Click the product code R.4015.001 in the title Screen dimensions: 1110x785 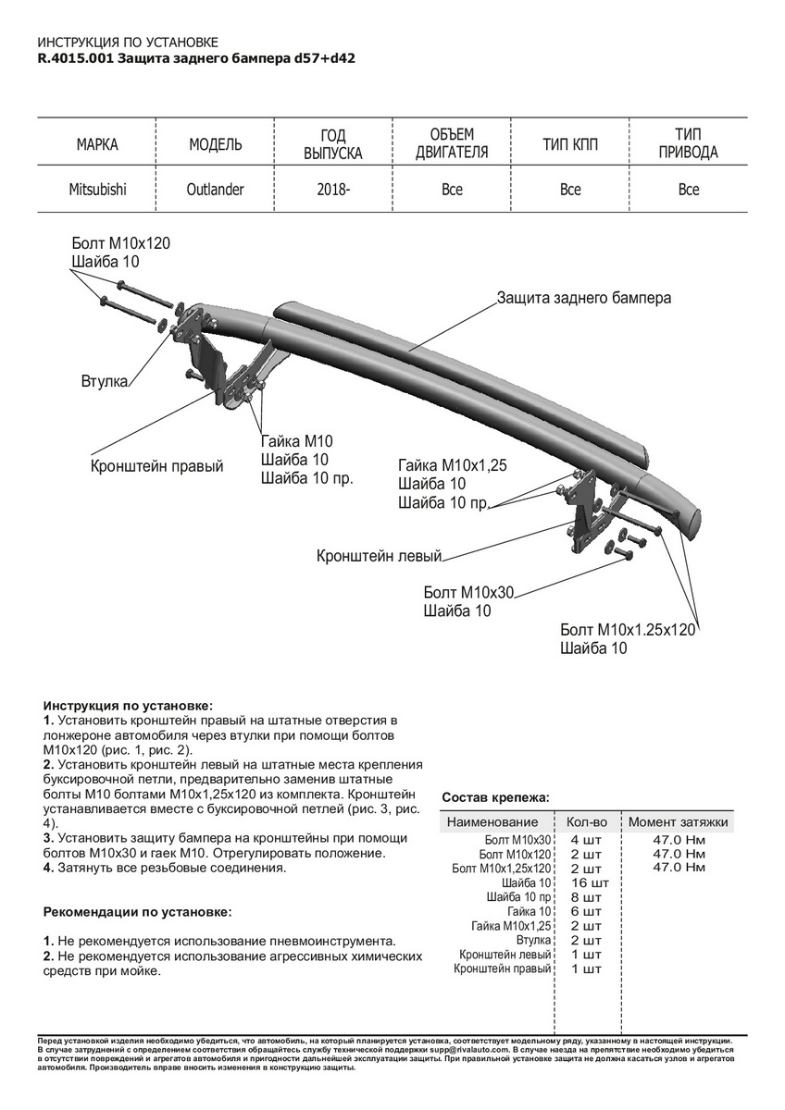75,57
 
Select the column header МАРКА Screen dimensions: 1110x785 97,145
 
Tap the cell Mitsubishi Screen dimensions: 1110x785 97,190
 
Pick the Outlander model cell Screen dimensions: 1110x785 216,190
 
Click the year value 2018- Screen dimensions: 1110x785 333,190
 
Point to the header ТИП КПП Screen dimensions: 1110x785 570,145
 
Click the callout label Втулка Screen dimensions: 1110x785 103,381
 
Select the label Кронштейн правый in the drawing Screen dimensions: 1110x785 156,466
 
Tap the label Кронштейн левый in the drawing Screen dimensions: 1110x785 380,556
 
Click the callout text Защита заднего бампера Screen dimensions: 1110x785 584,298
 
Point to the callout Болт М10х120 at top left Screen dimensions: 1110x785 120,243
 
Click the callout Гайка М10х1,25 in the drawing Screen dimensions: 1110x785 453,465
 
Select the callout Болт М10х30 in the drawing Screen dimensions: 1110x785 468,591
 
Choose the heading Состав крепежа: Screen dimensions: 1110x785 495,796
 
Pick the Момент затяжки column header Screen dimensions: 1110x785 679,821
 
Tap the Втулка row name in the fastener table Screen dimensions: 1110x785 533,940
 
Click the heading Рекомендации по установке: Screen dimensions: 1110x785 138,911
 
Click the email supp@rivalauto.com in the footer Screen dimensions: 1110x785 461,1051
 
